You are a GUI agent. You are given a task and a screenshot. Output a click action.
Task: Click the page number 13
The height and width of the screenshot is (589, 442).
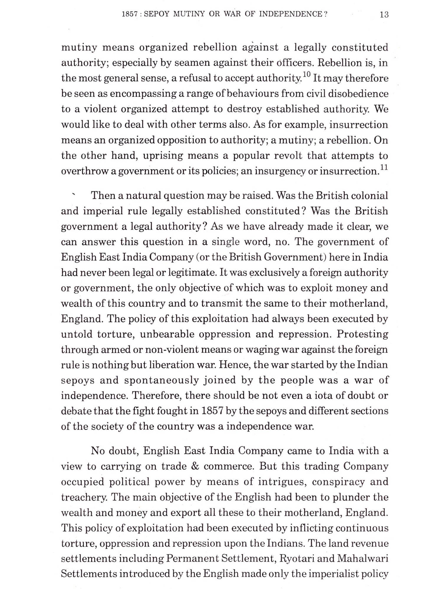pos(384,14)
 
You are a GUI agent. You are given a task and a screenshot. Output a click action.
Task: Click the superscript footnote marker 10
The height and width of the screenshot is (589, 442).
pos(306,75)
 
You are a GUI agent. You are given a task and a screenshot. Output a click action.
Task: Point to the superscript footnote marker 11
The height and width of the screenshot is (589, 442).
pos(384,167)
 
